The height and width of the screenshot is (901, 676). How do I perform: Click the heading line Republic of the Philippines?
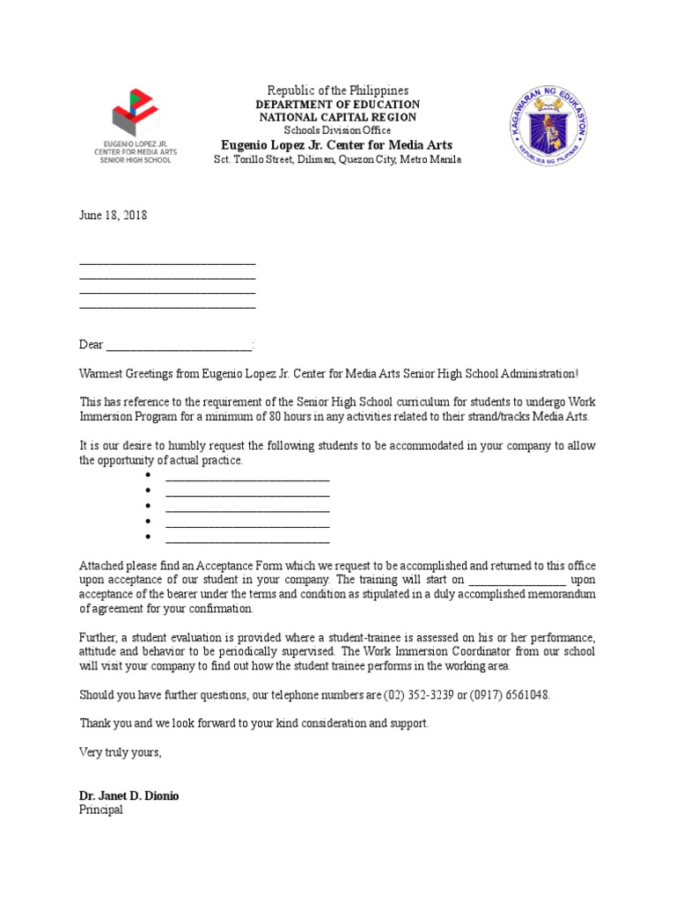[338, 92]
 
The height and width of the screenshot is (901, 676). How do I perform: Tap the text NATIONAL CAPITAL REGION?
[338, 118]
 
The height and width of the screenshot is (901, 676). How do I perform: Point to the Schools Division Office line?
[338, 131]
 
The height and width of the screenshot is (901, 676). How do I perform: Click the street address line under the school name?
[338, 159]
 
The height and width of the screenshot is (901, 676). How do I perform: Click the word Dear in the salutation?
[92, 345]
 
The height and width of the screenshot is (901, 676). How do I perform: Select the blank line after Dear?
[180, 346]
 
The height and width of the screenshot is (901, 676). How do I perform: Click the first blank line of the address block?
[167, 261]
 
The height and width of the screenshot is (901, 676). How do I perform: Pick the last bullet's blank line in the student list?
[247, 538]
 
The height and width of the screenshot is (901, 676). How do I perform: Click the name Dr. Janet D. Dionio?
[129, 795]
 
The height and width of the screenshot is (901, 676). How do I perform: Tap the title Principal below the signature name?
[101, 809]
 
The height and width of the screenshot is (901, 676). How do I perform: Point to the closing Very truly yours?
[121, 752]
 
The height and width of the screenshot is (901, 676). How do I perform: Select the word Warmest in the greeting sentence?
[103, 374]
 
